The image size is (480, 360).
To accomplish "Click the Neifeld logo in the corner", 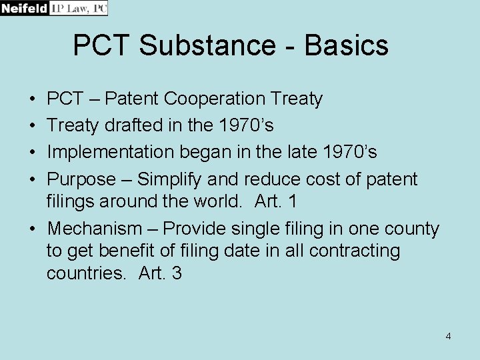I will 53,8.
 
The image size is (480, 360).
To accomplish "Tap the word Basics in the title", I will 347,45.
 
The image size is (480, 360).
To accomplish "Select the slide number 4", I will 448,336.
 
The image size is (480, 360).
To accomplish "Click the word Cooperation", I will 215,99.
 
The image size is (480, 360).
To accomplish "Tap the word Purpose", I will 81,179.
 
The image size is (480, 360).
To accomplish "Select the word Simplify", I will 169,179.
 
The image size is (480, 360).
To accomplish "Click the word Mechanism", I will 94,229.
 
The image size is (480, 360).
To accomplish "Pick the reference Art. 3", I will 160,273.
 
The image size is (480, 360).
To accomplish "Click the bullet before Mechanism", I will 33,229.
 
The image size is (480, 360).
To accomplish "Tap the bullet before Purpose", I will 33,179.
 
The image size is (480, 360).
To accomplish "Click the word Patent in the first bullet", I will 132,99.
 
